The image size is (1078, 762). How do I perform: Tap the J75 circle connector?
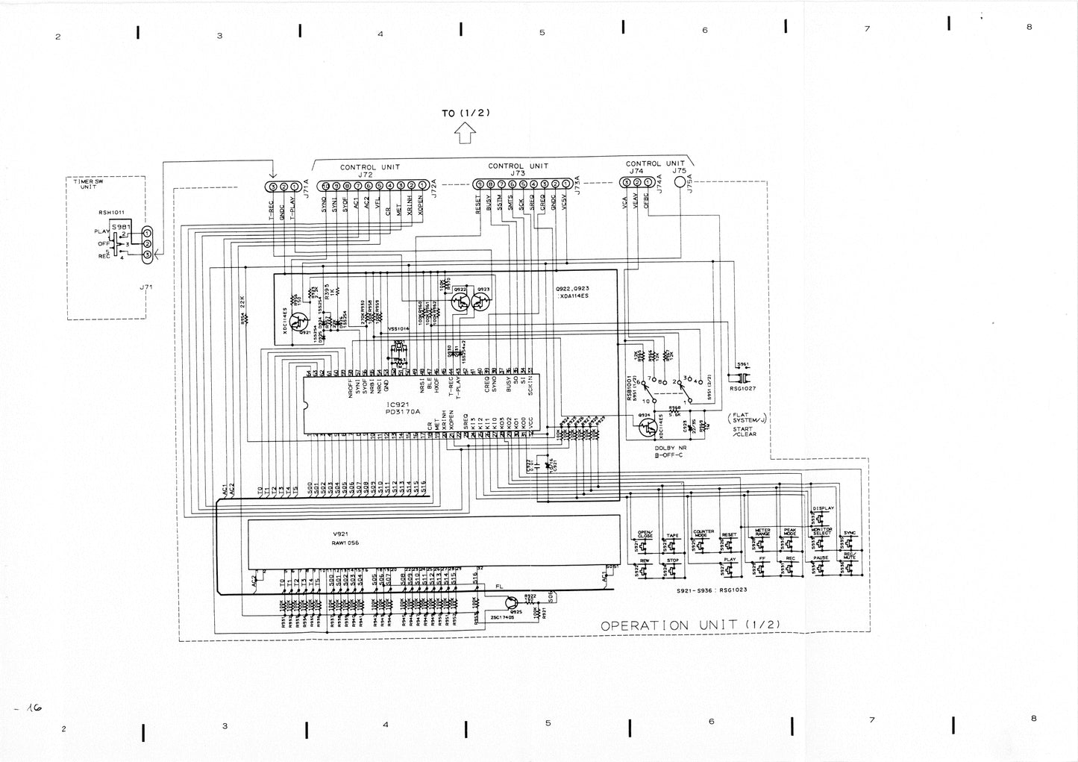(679, 181)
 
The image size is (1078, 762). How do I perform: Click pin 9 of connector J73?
(479, 184)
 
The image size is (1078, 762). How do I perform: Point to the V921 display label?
(342, 535)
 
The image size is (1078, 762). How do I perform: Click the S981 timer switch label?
(120, 225)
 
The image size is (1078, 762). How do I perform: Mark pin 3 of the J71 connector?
(147, 256)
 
